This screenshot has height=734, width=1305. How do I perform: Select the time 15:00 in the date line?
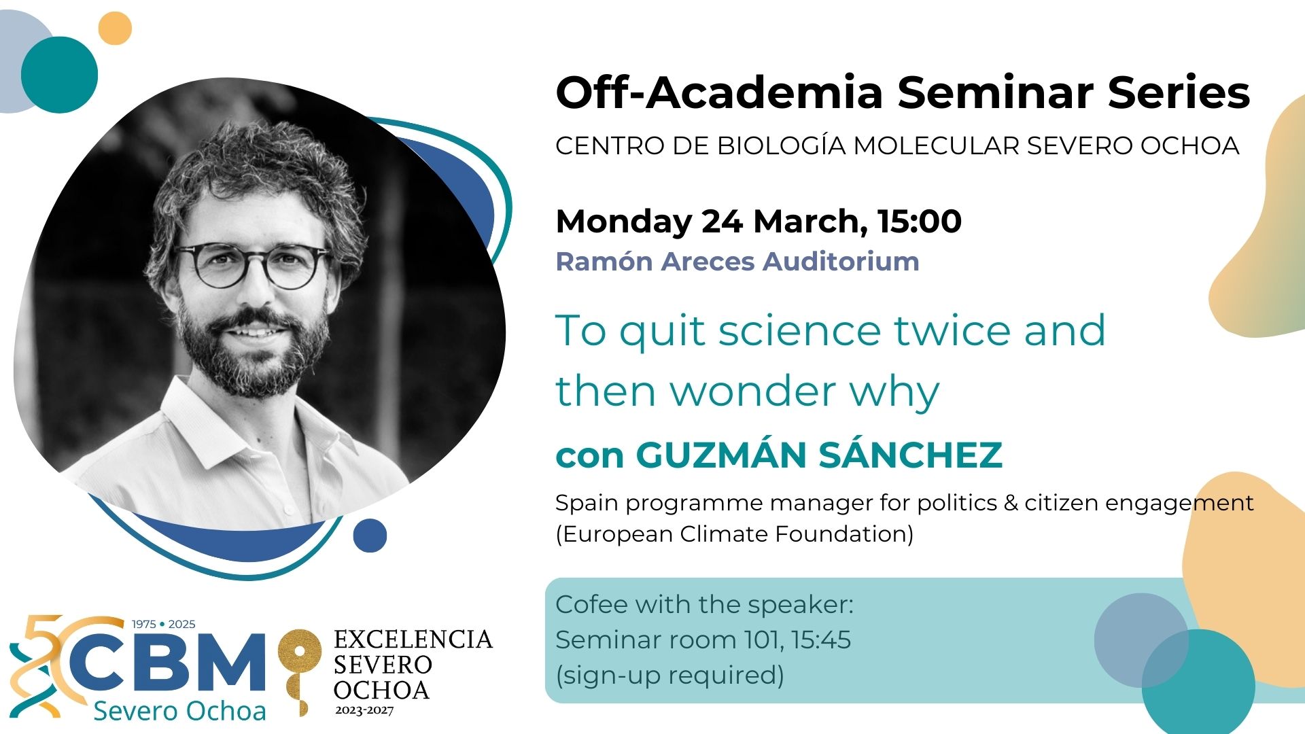tap(919, 221)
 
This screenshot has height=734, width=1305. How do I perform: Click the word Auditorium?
tap(841, 261)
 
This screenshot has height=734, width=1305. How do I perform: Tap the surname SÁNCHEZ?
tap(910, 454)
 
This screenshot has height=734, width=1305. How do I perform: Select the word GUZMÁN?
tap(723, 454)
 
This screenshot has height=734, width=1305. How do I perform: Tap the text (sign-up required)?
tap(670, 676)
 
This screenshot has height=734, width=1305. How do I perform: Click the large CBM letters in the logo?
tap(166, 663)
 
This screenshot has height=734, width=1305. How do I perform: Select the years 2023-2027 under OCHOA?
tap(364, 710)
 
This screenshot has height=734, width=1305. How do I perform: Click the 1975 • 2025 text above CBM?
tap(163, 624)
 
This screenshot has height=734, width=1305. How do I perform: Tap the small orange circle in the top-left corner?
tap(115, 29)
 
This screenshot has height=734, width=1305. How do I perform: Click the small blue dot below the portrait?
tap(370, 536)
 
